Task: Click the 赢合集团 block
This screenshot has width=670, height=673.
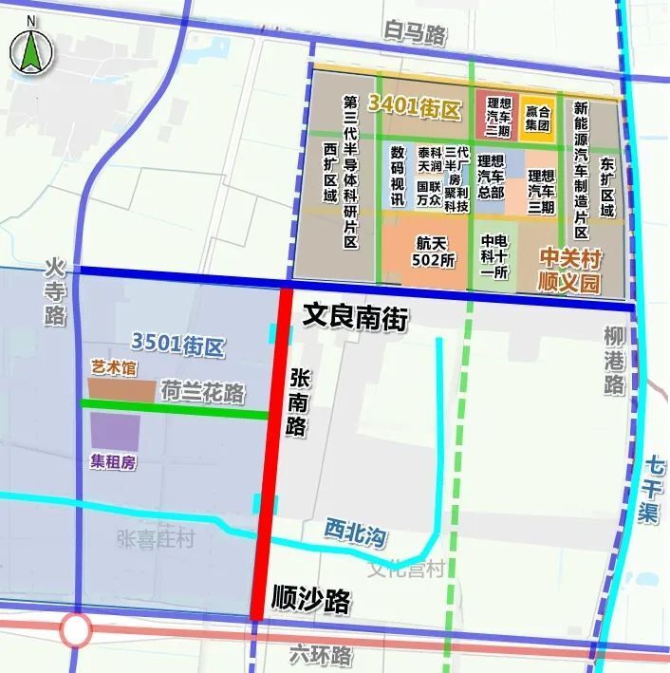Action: (x=537, y=118)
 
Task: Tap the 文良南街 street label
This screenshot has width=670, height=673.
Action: (x=354, y=318)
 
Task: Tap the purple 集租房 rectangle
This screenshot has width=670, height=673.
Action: (x=115, y=432)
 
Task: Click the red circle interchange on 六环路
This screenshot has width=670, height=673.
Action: (x=75, y=628)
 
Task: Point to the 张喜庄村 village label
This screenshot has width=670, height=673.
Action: (x=156, y=539)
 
